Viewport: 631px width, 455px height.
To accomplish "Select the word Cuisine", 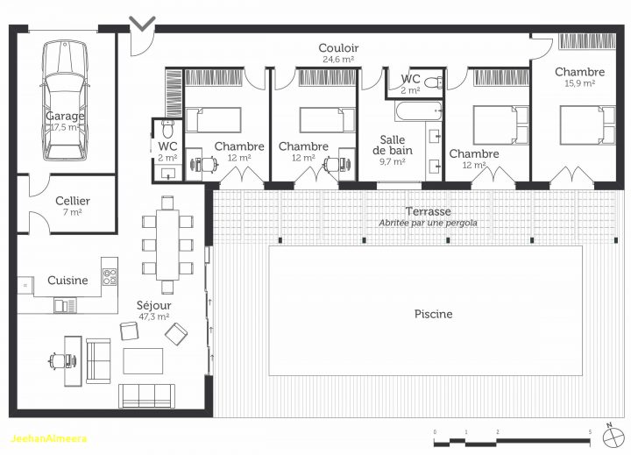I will pyautogui.click(x=67, y=281).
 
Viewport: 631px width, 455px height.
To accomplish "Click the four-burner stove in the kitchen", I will pyautogui.click(x=110, y=276).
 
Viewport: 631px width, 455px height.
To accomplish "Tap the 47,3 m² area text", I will pyautogui.click(x=153, y=317).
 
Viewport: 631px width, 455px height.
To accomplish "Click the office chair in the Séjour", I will pyautogui.click(x=58, y=359).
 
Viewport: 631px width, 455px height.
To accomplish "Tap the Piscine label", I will pyautogui.click(x=433, y=314).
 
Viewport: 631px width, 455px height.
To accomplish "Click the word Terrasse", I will pyautogui.click(x=428, y=211).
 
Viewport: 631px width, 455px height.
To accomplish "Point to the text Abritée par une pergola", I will pyautogui.click(x=428, y=223).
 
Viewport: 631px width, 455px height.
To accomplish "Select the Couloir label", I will pyautogui.click(x=337, y=47).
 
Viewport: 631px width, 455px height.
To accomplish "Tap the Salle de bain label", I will pyautogui.click(x=395, y=145).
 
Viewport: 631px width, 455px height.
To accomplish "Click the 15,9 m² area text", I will pyautogui.click(x=579, y=83).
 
